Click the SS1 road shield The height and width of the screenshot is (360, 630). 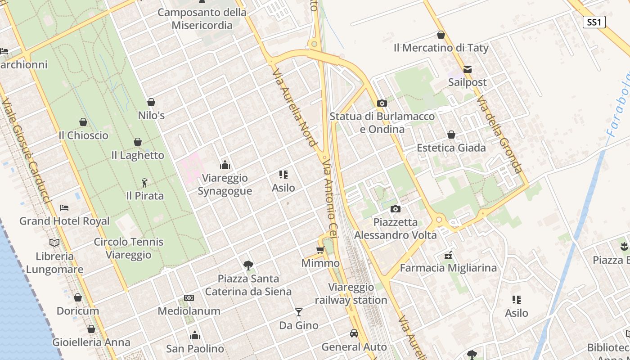click(594, 22)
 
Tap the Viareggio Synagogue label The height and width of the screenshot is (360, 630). click(225, 184)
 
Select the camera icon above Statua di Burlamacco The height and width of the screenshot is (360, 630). click(382, 103)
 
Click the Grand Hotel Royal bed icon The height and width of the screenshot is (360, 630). click(64, 208)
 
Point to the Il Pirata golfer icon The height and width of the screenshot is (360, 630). click(144, 183)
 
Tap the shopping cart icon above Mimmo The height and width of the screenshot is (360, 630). click(320, 250)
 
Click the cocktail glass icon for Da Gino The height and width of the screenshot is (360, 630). click(298, 312)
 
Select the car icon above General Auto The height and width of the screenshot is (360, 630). click(354, 333)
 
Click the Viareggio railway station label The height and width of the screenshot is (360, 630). click(351, 293)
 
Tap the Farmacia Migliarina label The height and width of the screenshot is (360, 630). click(448, 268)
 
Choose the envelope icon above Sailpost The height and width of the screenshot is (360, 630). click(468, 69)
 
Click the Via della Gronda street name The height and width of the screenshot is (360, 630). click(499, 134)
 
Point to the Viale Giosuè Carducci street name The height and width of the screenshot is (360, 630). click(27, 151)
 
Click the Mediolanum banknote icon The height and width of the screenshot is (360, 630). click(189, 298)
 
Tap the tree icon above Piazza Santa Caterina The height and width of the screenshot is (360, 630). click(248, 265)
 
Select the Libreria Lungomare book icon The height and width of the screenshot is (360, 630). click(54, 243)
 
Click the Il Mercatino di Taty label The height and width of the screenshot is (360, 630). click(441, 47)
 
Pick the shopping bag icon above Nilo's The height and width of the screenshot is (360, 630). click(151, 102)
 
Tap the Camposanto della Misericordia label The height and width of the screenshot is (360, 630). click(202, 18)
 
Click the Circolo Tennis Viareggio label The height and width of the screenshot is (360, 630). click(129, 248)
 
